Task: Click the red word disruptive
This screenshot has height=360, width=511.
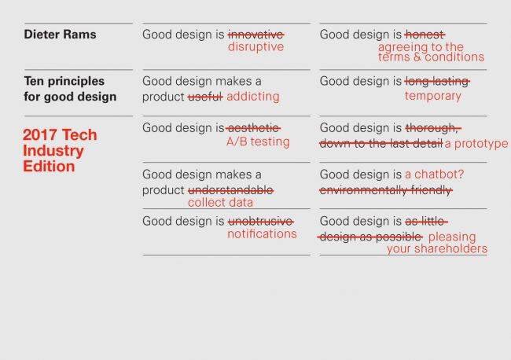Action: point(256,47)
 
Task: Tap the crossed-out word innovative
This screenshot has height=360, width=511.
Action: point(256,35)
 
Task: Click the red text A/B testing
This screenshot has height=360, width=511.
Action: point(259,141)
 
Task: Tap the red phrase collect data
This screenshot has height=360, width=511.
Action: point(219,203)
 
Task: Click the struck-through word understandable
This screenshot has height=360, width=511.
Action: point(230,190)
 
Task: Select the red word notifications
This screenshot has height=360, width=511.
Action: point(262,233)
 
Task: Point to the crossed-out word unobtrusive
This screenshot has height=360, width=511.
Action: point(259,221)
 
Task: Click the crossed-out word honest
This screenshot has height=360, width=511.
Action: point(425,35)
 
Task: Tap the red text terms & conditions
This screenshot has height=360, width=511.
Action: point(431,57)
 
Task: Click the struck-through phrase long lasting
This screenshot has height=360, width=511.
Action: point(437,82)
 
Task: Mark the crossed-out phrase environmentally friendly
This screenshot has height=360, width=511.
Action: point(385,190)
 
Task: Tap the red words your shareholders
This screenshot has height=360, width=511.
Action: point(437,249)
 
